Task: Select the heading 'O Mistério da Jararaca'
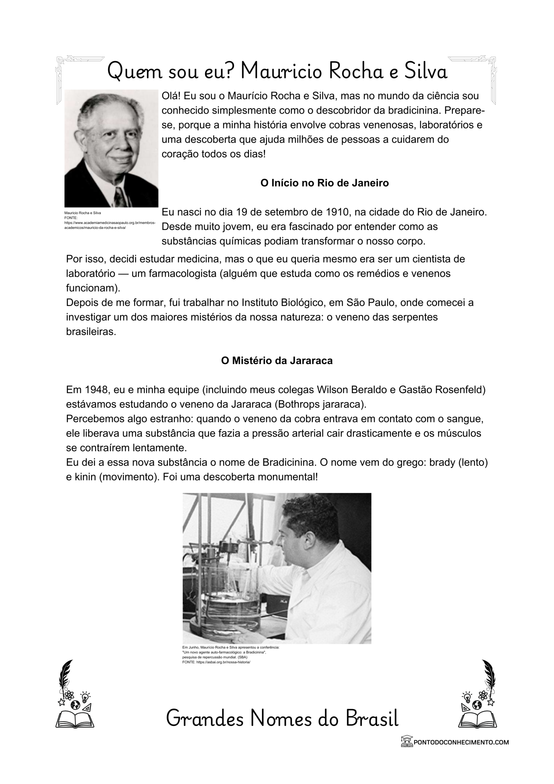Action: [x=276, y=361]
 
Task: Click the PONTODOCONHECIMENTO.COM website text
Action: [x=461, y=742]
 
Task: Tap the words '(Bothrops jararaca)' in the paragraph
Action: [x=320, y=405]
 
